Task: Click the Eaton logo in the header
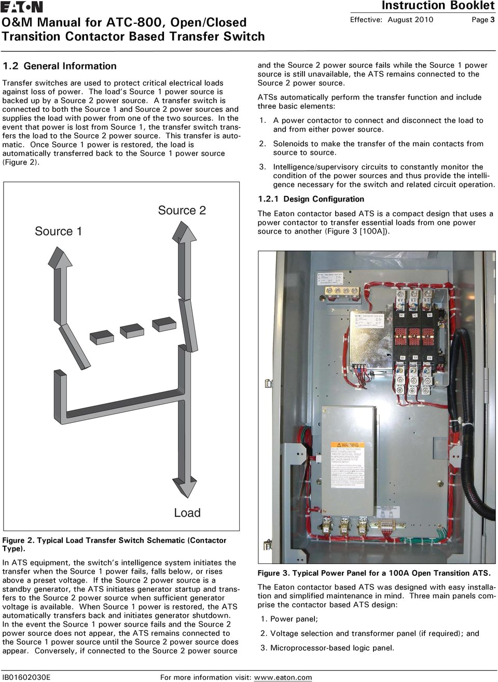click(x=22, y=7)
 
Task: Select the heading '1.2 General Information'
click(x=60, y=66)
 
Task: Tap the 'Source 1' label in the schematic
click(x=58, y=231)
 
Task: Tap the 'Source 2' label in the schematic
click(x=182, y=210)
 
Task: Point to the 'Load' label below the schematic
click(x=187, y=513)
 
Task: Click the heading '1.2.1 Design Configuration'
click(x=311, y=199)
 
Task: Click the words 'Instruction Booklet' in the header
click(x=438, y=6)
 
